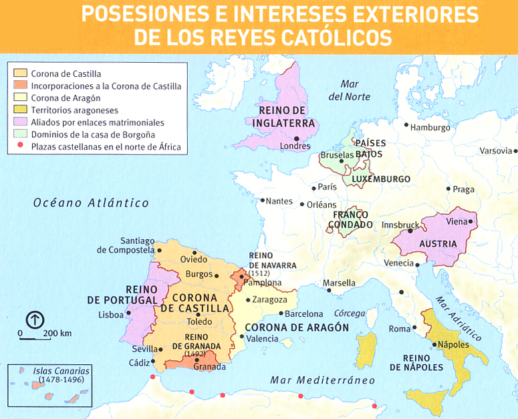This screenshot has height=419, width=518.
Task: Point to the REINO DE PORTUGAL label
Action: [118, 295]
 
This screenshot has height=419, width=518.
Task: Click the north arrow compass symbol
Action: [35, 319]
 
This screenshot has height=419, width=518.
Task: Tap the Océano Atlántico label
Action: [91, 202]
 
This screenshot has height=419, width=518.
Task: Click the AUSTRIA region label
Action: [438, 244]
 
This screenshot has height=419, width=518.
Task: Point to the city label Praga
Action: [463, 189]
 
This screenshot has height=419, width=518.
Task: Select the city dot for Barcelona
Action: [280, 313]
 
